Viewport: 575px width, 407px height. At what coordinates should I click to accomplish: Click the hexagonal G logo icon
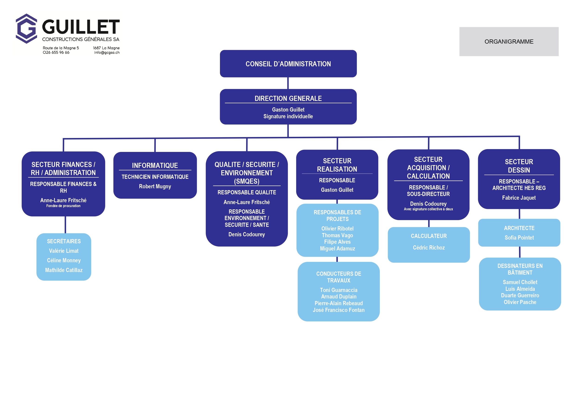[26, 29]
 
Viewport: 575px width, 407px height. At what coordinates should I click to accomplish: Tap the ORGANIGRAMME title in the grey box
[509, 42]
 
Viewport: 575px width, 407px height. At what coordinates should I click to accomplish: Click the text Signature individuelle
[288, 116]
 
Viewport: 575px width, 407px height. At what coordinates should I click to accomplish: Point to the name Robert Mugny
[155, 186]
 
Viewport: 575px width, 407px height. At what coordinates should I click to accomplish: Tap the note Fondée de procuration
[63, 206]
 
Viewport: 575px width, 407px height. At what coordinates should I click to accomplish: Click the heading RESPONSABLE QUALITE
[247, 192]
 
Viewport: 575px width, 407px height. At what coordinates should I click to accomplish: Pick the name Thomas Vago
[337, 235]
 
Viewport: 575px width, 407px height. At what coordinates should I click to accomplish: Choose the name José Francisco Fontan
[339, 310]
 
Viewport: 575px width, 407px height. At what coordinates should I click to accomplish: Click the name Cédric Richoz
[429, 248]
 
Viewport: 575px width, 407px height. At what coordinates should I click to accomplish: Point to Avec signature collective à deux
[428, 209]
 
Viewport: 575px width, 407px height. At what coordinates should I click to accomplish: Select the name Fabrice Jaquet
[519, 198]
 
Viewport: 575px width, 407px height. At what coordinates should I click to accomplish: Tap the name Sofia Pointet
[519, 237]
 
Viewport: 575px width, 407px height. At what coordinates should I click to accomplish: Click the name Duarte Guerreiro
[520, 295]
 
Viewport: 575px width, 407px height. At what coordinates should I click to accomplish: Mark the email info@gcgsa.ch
[107, 53]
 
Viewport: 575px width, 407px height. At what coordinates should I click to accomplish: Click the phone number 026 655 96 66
[56, 53]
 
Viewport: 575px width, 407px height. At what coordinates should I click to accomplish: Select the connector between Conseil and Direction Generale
[288, 83]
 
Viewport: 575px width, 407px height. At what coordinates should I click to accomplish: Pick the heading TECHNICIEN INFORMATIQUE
[155, 177]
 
